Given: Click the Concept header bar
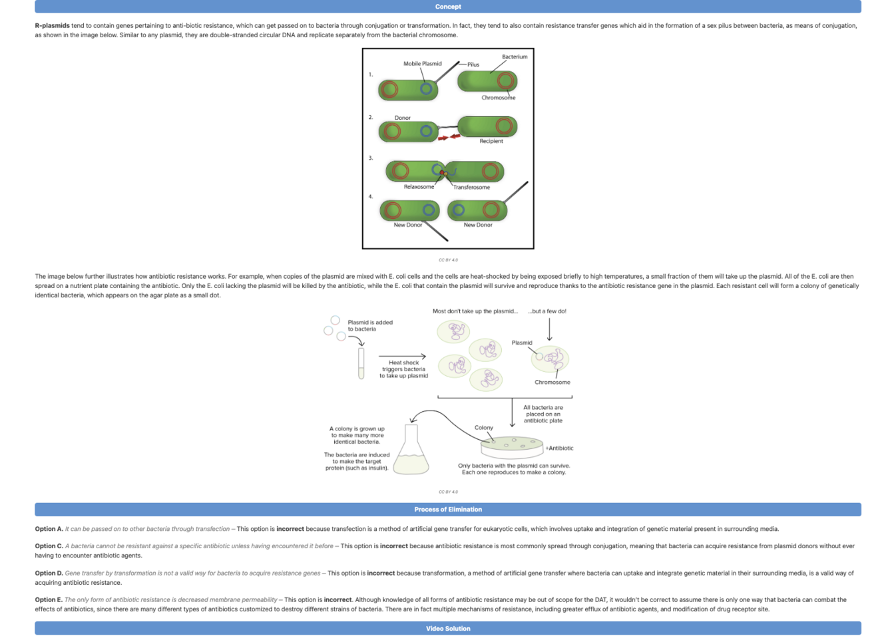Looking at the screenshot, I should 447,7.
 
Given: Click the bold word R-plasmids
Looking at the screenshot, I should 52,26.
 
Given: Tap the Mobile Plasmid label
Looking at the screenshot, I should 422,64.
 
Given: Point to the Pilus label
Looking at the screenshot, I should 473,65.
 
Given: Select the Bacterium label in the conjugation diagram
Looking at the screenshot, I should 515,57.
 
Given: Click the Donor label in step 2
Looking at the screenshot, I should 402,118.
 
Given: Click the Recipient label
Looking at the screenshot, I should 491,141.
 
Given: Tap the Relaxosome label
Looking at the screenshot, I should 419,187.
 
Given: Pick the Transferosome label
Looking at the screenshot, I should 471,188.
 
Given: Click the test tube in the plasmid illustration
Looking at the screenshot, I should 361,363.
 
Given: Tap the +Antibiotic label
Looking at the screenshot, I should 559,448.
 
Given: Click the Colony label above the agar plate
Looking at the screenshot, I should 484,428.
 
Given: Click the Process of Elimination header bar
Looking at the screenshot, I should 447,510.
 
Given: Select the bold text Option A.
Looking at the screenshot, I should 49,530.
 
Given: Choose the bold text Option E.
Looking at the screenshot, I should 49,600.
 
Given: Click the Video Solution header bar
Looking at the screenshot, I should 447,629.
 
